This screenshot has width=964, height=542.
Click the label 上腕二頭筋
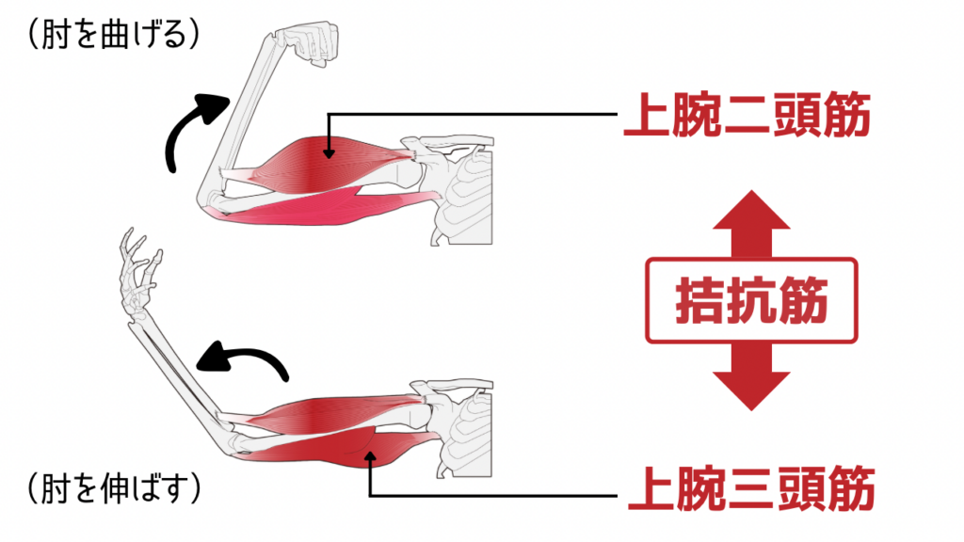745,118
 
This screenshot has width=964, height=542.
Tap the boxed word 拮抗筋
750,302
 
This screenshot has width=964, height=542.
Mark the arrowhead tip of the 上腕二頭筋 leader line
329,155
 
